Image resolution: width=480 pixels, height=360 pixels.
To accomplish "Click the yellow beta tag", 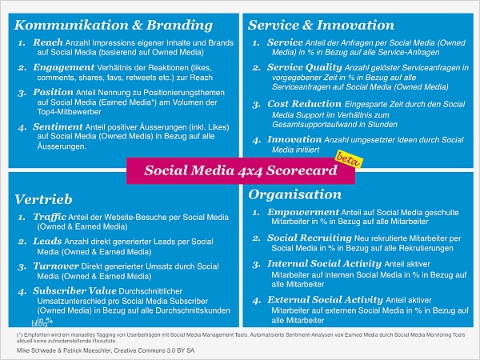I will point(346,158).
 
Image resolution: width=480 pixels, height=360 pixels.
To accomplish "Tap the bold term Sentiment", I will point(57,126).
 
